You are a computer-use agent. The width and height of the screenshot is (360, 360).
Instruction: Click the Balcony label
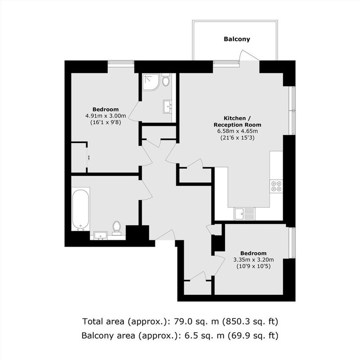tap(237, 39)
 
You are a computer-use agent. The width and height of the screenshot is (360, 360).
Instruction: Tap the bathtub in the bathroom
tap(81, 209)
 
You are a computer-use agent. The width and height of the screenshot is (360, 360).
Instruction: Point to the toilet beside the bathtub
tap(117, 227)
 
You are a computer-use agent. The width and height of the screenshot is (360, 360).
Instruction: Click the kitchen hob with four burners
tap(276, 186)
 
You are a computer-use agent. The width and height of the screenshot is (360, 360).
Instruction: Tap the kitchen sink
tap(245, 214)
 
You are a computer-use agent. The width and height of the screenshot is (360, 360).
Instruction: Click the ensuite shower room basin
tap(167, 105)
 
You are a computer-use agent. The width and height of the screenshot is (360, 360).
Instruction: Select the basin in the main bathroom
tap(100, 235)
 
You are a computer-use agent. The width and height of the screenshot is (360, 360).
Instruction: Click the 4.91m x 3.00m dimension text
tap(102, 116)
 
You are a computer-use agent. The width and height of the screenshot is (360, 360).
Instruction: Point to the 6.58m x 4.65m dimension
tap(237, 131)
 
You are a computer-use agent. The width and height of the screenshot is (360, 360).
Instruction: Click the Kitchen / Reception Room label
tap(237, 121)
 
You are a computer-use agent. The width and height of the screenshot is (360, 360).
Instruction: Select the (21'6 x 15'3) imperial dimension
tap(237, 138)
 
